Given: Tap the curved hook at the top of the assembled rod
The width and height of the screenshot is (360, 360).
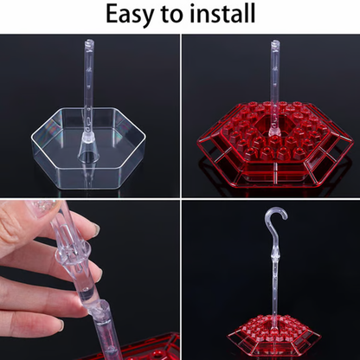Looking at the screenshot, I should tap(274, 217).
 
